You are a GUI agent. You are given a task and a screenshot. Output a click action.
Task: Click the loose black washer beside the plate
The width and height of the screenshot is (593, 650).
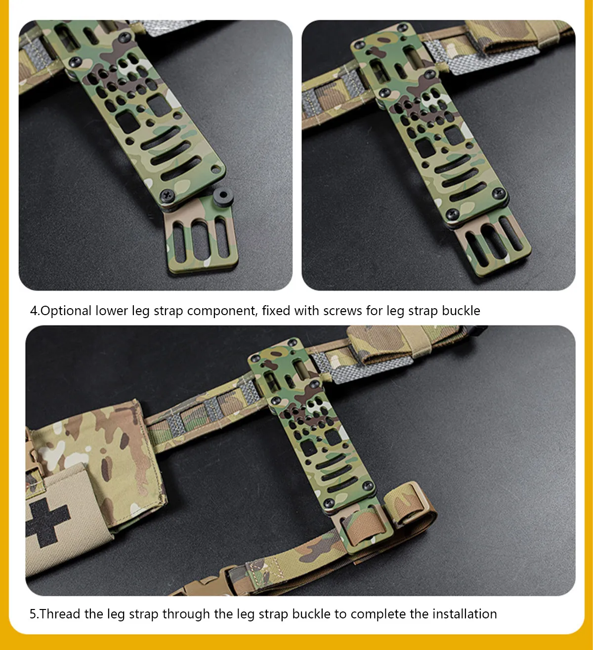pyautogui.click(x=223, y=196)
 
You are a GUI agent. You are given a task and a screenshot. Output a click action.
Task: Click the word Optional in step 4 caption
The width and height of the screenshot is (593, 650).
pyautogui.click(x=66, y=311)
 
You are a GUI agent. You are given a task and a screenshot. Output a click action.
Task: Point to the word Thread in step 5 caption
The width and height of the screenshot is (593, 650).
pyautogui.click(x=60, y=614)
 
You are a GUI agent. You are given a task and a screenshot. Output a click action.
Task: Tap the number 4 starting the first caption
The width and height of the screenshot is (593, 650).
pyautogui.click(x=34, y=311)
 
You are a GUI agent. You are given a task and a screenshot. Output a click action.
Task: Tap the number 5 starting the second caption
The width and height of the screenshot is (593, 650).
pyautogui.click(x=33, y=614)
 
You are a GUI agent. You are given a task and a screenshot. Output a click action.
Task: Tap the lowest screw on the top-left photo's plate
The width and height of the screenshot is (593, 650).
pyautogui.click(x=168, y=196)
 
